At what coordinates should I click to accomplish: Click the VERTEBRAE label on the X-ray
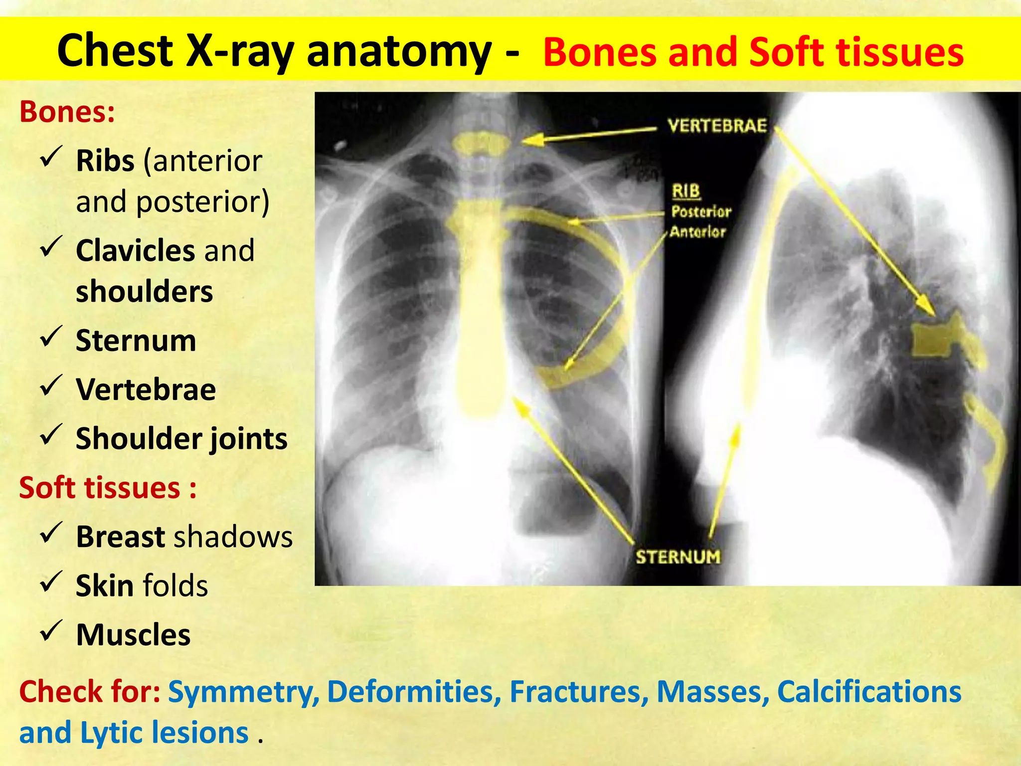717,126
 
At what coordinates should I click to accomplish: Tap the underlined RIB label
686,191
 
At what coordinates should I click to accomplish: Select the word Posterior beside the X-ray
701,211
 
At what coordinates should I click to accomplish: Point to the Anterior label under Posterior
697,232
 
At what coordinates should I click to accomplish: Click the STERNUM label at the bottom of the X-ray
678,557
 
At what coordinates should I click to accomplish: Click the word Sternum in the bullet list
136,341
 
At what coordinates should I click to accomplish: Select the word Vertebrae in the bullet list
146,389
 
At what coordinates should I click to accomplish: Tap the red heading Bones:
67,112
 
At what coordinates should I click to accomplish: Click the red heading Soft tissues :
108,488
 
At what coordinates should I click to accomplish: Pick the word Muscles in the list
133,635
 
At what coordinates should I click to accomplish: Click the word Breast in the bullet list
120,537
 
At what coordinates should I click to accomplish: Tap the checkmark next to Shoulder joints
51,435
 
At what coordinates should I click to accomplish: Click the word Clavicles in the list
135,250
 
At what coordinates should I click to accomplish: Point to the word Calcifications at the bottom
869,692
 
